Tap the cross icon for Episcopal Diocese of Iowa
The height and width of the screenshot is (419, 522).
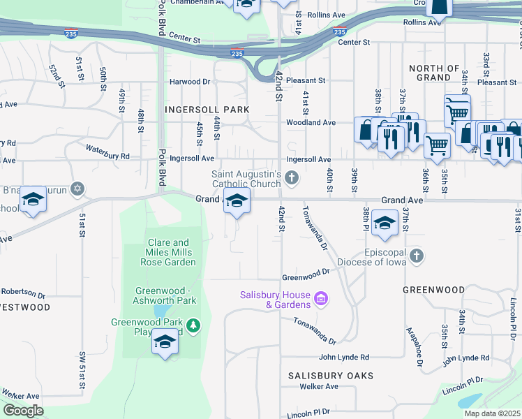pos(417,256)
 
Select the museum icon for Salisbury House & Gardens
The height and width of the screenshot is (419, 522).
pos(321,300)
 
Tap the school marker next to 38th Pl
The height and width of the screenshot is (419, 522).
pos(384,222)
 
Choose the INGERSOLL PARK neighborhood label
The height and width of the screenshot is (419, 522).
pos(207,110)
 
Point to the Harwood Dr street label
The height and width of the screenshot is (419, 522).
pos(190,82)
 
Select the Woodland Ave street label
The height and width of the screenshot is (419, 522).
pos(310,122)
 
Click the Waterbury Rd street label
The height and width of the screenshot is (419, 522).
pos(107,152)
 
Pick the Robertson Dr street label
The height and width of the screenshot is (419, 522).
pos(22,291)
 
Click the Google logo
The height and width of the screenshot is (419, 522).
pos(23,411)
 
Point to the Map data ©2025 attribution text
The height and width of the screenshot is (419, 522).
pos(491,413)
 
